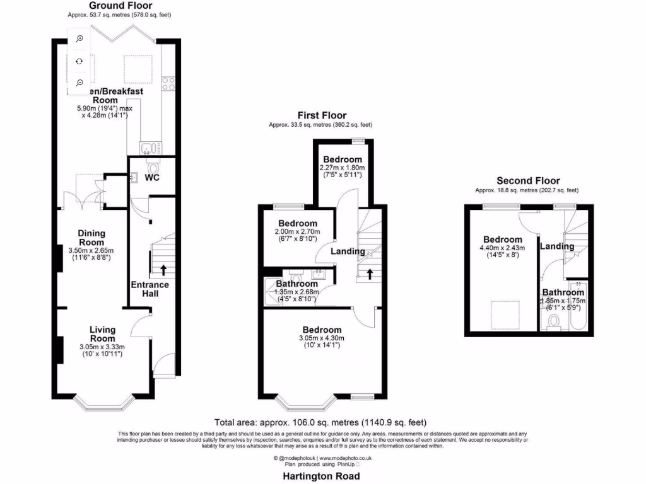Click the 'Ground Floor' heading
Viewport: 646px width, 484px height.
[x=120, y=6]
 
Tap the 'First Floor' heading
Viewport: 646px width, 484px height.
[x=322, y=115]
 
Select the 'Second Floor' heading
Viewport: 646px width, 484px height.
[x=528, y=181]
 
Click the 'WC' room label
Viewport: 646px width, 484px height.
[x=152, y=178]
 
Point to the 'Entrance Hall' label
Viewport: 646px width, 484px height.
[x=150, y=289]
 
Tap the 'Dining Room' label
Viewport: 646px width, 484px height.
[x=91, y=238]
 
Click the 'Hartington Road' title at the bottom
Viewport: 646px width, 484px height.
[x=322, y=476]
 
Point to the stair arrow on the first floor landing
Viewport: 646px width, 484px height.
[x=370, y=274]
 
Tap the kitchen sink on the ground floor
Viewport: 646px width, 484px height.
[x=148, y=149]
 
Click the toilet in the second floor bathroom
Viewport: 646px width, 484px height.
[x=554, y=322]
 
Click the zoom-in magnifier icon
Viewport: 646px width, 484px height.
[x=79, y=39]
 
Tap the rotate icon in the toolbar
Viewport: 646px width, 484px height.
[x=79, y=61]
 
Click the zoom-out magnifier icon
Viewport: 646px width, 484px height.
[x=79, y=83]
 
